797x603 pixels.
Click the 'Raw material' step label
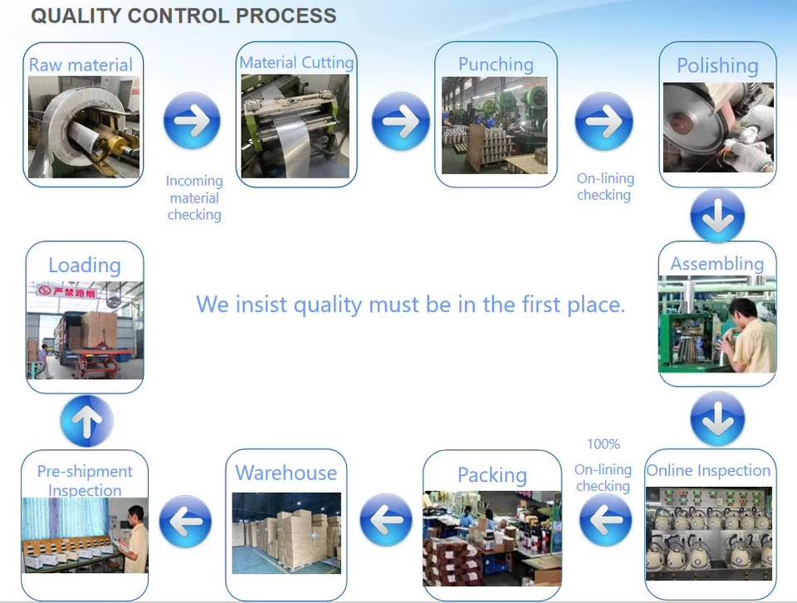pos(81,65)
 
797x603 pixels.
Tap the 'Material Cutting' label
pos(296,62)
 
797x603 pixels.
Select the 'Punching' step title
pos(496,65)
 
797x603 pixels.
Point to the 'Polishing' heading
pos(717,66)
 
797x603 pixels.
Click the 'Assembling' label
pos(717,264)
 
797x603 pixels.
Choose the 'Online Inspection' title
pos(708,470)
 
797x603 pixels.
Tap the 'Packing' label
pos(492,475)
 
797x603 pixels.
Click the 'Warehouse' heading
pos(286,473)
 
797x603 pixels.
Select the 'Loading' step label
pos(85,265)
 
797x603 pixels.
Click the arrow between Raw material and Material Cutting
pos(192,120)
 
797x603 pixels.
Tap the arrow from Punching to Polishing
pos(604,121)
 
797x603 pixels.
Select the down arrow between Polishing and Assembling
pos(717,215)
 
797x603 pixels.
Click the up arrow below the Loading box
pos(86,421)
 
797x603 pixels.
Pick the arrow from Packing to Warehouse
pos(386,520)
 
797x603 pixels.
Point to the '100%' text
pos(604,444)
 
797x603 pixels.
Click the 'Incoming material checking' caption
pos(194,197)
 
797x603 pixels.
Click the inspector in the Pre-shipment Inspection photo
pos(134,538)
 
